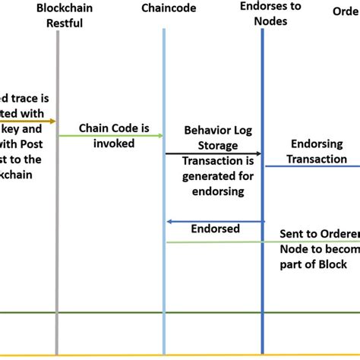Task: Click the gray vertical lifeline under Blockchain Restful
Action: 58,228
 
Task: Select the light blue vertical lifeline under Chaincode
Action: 164,289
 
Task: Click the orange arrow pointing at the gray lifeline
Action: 30,121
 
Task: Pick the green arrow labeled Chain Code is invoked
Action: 114,136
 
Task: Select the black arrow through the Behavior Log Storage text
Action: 213,154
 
